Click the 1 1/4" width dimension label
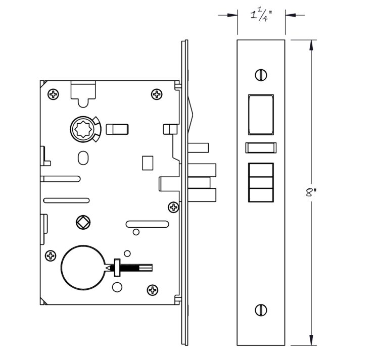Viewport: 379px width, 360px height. click(261, 16)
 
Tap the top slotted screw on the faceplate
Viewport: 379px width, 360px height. click(261, 75)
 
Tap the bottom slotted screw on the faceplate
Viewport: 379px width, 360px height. click(261, 310)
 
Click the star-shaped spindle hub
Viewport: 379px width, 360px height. click(83, 129)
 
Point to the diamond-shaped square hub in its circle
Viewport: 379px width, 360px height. click(83, 222)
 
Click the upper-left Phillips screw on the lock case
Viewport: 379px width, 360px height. click(53, 94)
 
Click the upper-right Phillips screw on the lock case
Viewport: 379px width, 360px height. click(157, 94)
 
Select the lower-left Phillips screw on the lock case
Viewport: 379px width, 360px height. click(51, 255)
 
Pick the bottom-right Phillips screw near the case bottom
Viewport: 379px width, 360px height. click(153, 289)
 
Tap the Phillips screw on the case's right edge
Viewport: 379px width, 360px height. click(173, 207)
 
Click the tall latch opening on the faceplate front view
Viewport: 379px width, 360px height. click(261, 115)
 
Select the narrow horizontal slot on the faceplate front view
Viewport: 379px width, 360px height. click(261, 148)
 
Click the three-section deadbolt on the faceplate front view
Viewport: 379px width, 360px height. click(261, 183)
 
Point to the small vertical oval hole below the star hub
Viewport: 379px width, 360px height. click(83, 158)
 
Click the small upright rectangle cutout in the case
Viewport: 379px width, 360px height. click(148, 163)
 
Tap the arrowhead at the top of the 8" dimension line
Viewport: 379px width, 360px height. click(311, 45)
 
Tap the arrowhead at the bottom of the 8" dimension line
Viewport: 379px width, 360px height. click(311, 340)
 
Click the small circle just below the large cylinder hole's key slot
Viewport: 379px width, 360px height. click(117, 287)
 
